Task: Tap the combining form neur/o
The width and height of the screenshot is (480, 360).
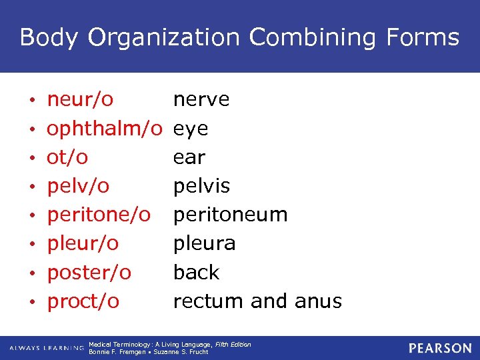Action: pyautogui.click(x=80, y=100)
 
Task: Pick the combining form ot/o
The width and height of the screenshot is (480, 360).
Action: pyautogui.click(x=67, y=157)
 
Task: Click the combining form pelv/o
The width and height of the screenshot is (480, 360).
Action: pyautogui.click(x=78, y=186)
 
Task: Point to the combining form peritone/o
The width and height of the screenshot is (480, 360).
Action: pyautogui.click(x=99, y=215)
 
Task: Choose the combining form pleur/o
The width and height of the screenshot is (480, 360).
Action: pyautogui.click(x=83, y=243)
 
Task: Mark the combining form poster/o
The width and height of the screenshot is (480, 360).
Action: pyautogui.click(x=89, y=272)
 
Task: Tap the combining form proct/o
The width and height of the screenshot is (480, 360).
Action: pyautogui.click(x=83, y=301)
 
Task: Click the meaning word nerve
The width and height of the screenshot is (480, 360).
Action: pyautogui.click(x=201, y=100)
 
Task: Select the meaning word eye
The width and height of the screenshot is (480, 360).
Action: pyautogui.click(x=191, y=129)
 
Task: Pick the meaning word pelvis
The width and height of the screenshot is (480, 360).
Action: pyautogui.click(x=201, y=186)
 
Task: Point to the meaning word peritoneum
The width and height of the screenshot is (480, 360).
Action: pyautogui.click(x=231, y=215)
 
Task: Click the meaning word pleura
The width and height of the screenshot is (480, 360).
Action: pyautogui.click(x=205, y=243)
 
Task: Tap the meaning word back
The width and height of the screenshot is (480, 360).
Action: pyautogui.click(x=196, y=272)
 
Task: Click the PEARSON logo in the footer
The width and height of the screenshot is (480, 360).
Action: pyautogui.click(x=440, y=348)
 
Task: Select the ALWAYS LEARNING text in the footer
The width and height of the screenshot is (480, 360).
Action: pyautogui.click(x=46, y=348)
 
